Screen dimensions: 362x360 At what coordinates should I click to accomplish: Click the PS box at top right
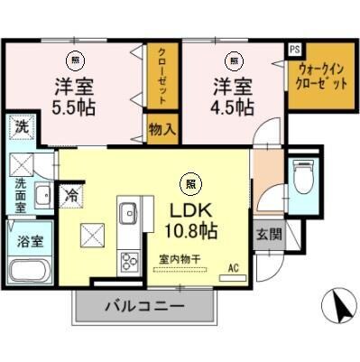click(295, 50)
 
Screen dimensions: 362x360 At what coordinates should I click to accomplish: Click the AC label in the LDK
click(233, 268)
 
